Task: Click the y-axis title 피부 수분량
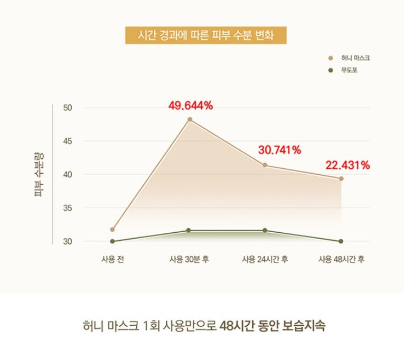pyautogui.click(x=39, y=174)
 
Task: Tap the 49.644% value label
pyautogui.click(x=191, y=106)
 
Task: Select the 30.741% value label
pyautogui.click(x=279, y=150)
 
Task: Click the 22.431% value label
pyautogui.click(x=347, y=165)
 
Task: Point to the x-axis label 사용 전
pyautogui.click(x=112, y=259)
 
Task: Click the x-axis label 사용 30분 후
pyautogui.click(x=189, y=259)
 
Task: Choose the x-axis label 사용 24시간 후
pyautogui.click(x=265, y=259)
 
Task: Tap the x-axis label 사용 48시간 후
pyautogui.click(x=341, y=259)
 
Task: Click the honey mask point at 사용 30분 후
pyautogui.click(x=190, y=119)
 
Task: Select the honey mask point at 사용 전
pyautogui.click(x=112, y=230)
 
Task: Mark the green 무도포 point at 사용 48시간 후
pyautogui.click(x=341, y=241)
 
